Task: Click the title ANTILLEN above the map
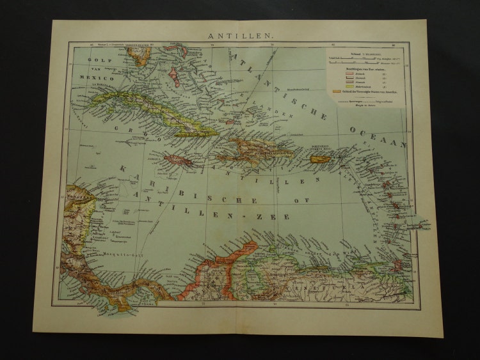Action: [x=241, y=36]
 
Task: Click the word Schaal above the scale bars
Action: [x=349, y=54]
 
